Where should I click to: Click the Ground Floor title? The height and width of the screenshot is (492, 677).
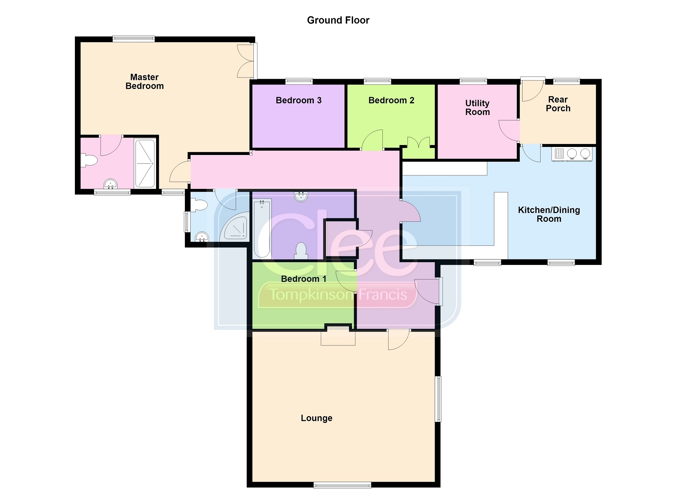coord(338,20)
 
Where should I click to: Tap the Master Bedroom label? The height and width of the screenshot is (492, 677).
coord(144,81)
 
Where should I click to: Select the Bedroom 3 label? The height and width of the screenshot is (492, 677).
coord(299,100)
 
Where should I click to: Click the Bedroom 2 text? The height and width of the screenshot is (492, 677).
coord(391,100)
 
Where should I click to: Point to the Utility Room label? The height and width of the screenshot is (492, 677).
coord(477,108)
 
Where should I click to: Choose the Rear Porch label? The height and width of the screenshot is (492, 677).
coord(558,104)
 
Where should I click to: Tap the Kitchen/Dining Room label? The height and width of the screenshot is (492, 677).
coord(549,214)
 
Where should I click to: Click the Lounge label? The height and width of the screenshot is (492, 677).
coord(317,418)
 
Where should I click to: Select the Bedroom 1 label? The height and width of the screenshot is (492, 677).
coord(304,279)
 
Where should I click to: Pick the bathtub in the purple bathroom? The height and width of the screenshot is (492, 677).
coord(262,228)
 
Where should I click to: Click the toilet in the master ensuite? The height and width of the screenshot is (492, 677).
coord(89,160)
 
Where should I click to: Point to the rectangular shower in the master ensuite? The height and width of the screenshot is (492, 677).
coord(145,163)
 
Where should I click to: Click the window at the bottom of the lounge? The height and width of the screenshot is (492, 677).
coord(342,485)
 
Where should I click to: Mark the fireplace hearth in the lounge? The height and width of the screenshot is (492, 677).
coord(338,338)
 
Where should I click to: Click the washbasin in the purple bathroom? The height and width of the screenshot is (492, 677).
coord(301,197)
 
